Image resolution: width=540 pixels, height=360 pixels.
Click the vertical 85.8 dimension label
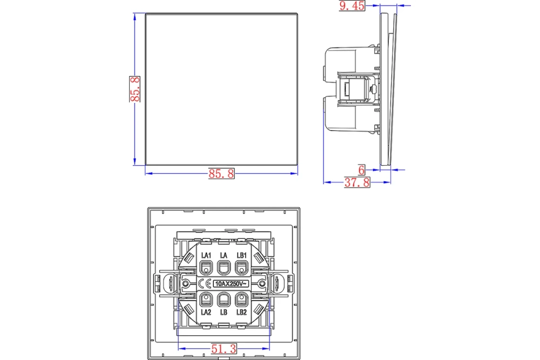click(134, 89)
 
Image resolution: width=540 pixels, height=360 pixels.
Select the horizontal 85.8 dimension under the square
click(221, 173)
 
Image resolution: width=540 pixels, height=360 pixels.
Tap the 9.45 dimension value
click(352, 6)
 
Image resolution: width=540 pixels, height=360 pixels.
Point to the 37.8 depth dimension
click(357, 182)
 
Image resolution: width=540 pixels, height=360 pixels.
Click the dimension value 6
click(361, 169)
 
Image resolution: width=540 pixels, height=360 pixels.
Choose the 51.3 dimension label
click(224, 349)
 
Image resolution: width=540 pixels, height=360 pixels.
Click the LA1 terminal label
click(206, 255)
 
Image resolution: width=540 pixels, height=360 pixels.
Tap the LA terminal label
click(224, 255)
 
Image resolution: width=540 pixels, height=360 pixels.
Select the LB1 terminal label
click(242, 255)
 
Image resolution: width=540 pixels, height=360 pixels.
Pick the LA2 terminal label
click(206, 312)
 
